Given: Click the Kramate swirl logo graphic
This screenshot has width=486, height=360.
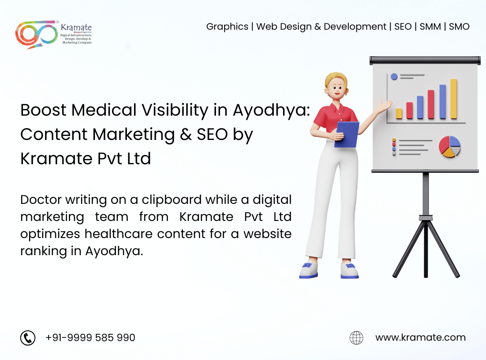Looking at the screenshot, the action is tap(36, 35).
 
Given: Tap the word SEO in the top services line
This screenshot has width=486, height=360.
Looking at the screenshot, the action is tap(403, 27).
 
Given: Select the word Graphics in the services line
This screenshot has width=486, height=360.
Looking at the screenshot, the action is tap(227, 27).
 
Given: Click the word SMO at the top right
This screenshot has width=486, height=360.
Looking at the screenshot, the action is tap(459, 27).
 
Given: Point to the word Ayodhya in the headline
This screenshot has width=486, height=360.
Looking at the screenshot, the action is tap(271, 111).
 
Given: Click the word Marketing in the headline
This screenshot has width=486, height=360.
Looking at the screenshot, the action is tap(134, 135).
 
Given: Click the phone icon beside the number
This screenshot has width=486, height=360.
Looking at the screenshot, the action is tap(28, 337).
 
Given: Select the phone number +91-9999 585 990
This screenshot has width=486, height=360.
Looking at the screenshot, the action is tap(90, 337).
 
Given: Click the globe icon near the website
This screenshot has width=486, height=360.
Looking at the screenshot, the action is tap(356, 337).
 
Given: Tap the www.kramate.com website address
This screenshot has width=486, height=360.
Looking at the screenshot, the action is tap(420, 337).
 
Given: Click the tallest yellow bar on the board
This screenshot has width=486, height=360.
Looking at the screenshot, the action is tap(454, 99).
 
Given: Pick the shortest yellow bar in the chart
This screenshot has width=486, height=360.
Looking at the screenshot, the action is tap(399, 113).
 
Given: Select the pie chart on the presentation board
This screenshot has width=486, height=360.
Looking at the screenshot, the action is tap(450, 146).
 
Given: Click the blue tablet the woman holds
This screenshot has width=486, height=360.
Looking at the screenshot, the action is tap(346, 134).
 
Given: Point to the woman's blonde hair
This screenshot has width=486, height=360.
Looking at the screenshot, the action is tap(335, 79).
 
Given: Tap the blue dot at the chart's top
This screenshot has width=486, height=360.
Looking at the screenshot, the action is tap(394, 76).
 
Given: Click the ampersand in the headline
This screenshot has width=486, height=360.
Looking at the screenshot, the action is tap(186, 135).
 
